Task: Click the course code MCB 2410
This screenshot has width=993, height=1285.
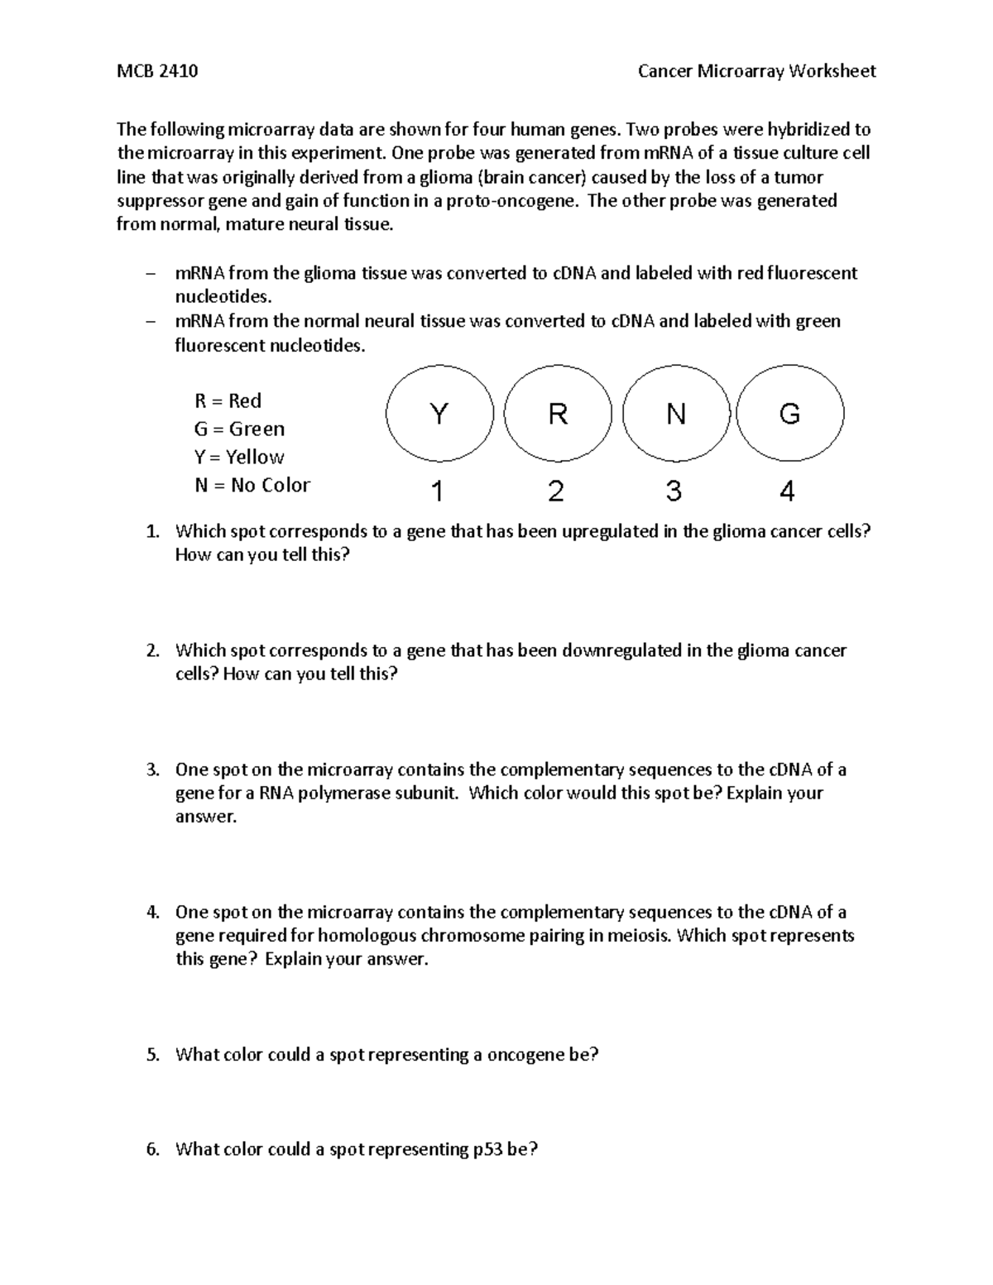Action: [156, 71]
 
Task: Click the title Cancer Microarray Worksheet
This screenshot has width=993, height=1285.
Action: [756, 71]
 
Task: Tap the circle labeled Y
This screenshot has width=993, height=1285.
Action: [439, 414]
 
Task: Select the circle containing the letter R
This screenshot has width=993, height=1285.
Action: [558, 414]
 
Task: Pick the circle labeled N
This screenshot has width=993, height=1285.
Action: [676, 414]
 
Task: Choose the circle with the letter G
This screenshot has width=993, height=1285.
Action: [789, 414]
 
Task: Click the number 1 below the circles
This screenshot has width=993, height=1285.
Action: [438, 492]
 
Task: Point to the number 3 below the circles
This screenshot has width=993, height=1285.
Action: [674, 491]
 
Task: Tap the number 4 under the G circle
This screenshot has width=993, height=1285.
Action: [787, 492]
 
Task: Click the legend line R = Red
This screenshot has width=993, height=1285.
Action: [228, 401]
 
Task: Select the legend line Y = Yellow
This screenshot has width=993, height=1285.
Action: [239, 458]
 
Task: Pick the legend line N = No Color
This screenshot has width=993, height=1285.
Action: [252, 486]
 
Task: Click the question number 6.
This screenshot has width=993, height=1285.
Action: [152, 1149]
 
